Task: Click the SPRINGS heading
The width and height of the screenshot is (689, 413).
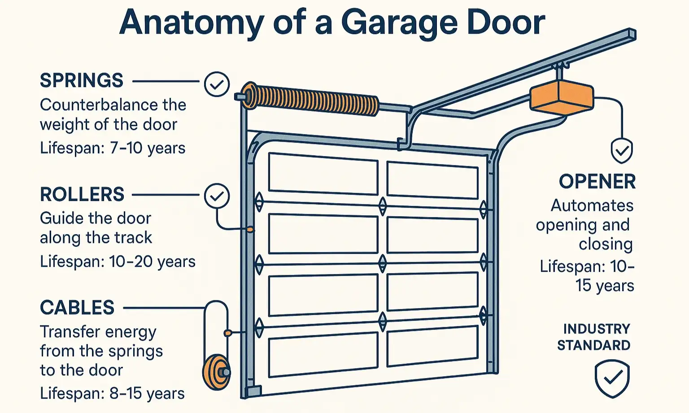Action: pos(81,81)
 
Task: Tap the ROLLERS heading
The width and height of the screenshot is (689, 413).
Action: pos(82,195)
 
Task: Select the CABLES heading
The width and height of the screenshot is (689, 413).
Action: pos(77,308)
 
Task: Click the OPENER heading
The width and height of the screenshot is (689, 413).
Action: pos(597,182)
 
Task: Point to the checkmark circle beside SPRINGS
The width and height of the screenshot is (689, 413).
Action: pos(217,84)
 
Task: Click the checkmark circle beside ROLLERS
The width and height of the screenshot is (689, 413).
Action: pos(217,196)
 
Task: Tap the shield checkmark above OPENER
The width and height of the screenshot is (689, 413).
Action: pos(622,151)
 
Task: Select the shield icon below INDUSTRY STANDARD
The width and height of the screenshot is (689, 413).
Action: pos(612,378)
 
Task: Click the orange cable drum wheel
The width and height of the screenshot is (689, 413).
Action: pos(215,372)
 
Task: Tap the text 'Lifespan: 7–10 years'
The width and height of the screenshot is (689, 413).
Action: pos(112,148)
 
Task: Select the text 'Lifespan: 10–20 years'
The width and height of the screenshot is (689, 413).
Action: pos(118,261)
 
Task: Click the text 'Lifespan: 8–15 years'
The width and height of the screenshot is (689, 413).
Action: pos(112,393)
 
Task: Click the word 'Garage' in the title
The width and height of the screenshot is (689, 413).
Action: pos(399,22)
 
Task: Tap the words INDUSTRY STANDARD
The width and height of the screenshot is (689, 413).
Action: pos(594,337)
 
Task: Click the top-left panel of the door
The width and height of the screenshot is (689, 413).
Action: pos(323,174)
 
